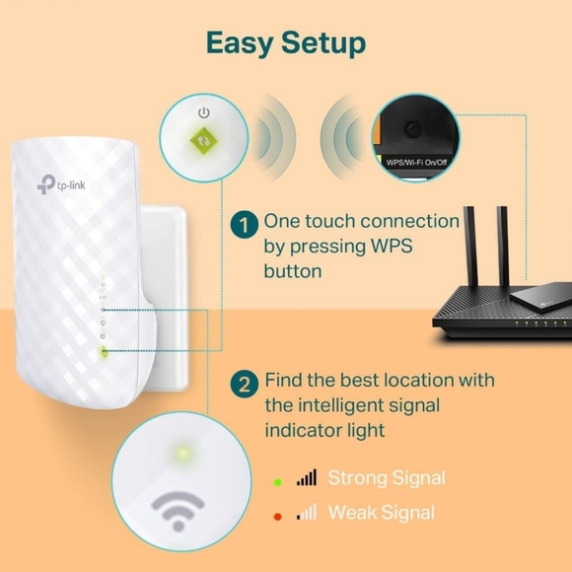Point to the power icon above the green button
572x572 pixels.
[x=202, y=111]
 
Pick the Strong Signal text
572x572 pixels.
[x=386, y=478]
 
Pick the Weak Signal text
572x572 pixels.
[x=380, y=513]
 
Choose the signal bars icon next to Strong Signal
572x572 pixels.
[x=307, y=478]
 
